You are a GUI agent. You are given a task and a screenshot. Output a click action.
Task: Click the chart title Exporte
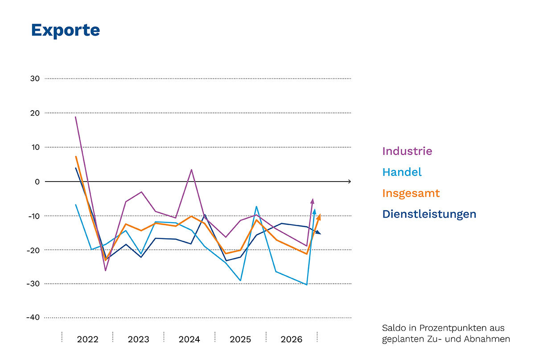pyautogui.click(x=66, y=30)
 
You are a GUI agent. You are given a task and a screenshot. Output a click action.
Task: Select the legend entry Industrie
pyautogui.click(x=407, y=151)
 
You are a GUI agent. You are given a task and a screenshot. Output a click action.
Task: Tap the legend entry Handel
pyautogui.click(x=402, y=172)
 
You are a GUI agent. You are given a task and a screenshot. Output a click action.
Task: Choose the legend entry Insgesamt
pyautogui.click(x=411, y=193)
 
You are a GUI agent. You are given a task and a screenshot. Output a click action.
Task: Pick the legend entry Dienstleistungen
pyautogui.click(x=429, y=214)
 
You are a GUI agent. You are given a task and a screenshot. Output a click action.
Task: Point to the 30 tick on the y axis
pyautogui.click(x=35, y=79)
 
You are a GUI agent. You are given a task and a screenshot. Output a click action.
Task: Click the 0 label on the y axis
pyautogui.click(x=37, y=182)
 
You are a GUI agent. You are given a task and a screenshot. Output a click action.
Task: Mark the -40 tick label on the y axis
pyautogui.click(x=33, y=317)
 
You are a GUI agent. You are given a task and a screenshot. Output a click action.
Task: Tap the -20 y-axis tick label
pyautogui.click(x=33, y=250)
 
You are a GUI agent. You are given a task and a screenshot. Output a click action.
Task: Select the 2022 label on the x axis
pyautogui.click(x=87, y=339)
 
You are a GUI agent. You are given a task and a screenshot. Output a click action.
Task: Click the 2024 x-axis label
pyautogui.click(x=189, y=339)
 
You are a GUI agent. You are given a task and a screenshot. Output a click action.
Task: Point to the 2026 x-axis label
pyautogui.click(x=292, y=339)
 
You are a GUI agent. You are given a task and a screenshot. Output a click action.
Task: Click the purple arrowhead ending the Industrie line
pyautogui.click(x=312, y=201)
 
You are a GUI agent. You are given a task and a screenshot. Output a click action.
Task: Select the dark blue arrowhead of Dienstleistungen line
pyautogui.click(x=318, y=232)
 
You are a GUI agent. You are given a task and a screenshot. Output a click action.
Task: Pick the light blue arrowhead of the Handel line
pyautogui.click(x=314, y=211)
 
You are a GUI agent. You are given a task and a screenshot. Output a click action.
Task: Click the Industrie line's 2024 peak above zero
pyautogui.click(x=192, y=170)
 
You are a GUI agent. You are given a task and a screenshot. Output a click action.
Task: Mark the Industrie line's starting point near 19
pyautogui.click(x=75, y=117)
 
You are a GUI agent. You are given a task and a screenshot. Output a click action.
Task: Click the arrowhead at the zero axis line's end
pyautogui.click(x=350, y=182)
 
